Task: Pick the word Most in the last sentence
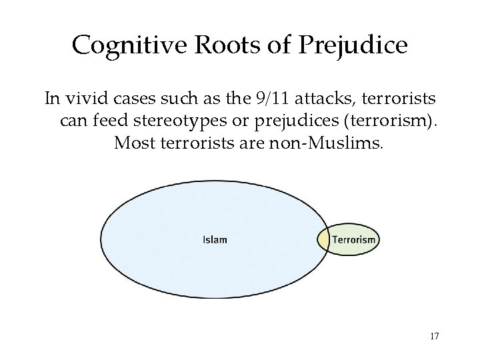[x=131, y=143]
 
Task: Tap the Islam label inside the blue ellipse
[x=215, y=240]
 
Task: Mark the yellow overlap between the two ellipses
[x=323, y=240]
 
